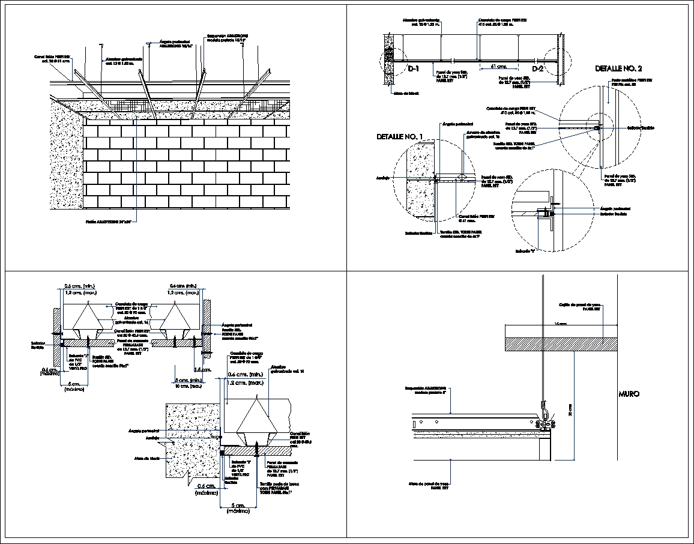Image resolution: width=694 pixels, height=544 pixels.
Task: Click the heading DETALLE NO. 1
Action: [399, 137]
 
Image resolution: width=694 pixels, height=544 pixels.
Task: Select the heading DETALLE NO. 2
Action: [618, 69]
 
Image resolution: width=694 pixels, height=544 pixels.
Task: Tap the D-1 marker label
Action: [414, 69]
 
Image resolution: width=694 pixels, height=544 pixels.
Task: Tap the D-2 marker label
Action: [537, 69]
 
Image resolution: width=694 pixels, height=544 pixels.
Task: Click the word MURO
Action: [629, 394]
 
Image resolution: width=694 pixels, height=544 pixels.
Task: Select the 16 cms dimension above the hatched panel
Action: [560, 324]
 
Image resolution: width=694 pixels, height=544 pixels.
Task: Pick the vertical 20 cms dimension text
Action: [570, 409]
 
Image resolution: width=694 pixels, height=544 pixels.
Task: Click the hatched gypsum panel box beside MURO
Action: [561, 343]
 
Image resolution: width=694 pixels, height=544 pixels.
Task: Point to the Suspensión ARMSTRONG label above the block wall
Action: [227, 38]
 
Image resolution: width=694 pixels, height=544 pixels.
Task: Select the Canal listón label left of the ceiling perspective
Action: [52, 58]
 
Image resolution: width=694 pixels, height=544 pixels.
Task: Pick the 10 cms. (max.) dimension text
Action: [188, 386]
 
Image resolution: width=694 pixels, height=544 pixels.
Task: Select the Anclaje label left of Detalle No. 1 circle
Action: [383, 178]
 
